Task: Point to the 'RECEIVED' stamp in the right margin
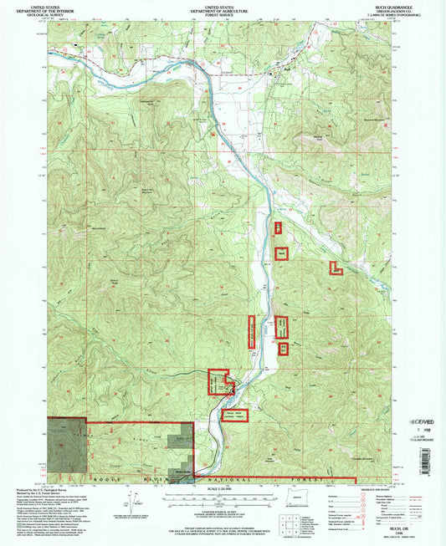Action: click(x=423, y=412)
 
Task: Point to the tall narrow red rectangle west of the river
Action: click(x=250, y=330)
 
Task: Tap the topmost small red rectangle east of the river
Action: click(x=279, y=227)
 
